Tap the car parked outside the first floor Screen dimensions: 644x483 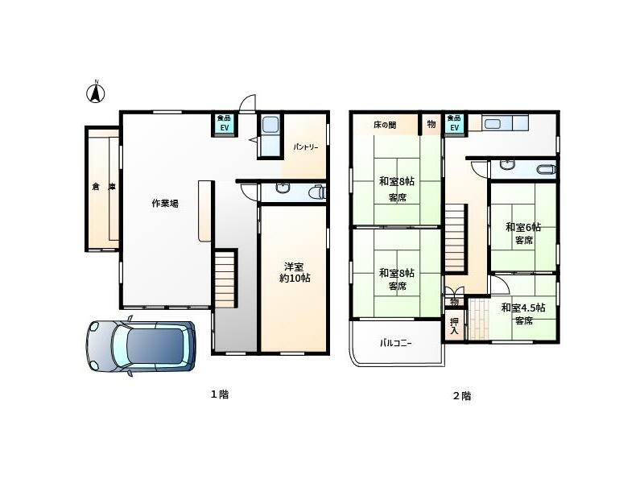[140, 346]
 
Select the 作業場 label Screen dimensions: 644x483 [165, 203]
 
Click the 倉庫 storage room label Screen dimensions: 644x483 [104, 187]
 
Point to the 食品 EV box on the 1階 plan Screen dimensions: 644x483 [225, 123]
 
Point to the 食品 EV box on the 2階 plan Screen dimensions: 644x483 [454, 123]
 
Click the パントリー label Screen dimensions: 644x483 [306, 147]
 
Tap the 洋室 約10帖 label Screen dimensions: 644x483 [295, 272]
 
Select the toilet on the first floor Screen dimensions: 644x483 [319, 192]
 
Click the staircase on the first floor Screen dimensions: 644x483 [225, 279]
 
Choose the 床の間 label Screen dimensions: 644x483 [385, 125]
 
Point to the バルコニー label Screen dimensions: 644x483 [395, 343]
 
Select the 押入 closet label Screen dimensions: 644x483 [454, 326]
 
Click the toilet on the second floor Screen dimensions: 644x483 [547, 169]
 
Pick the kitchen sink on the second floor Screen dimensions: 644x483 [493, 123]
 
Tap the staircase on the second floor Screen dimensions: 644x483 [456, 237]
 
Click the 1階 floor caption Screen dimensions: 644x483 [220, 394]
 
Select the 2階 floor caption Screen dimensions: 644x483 [461, 396]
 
